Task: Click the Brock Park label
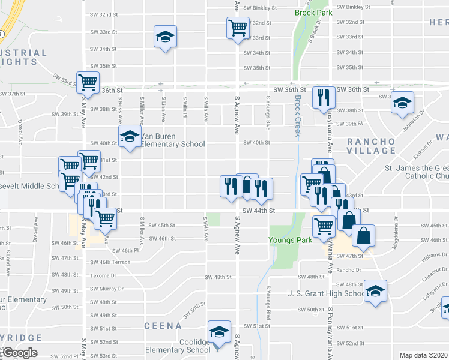point(309,13)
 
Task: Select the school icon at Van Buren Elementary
point(128,137)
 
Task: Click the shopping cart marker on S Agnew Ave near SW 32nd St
point(238,28)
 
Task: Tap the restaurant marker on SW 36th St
point(324,97)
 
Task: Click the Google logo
point(20,353)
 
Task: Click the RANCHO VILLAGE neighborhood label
point(371,146)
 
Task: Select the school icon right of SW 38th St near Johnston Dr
point(403,103)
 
